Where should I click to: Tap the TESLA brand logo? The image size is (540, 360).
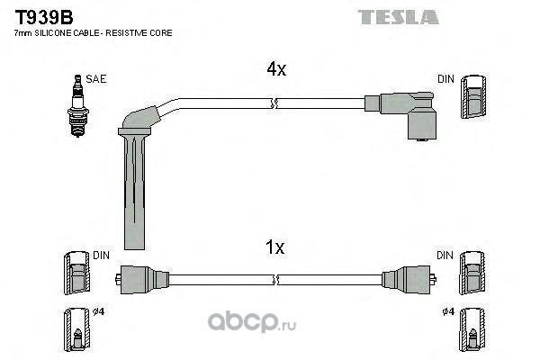[398, 16]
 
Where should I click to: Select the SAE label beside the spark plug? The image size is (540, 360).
[97, 79]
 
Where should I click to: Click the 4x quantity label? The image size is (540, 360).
[274, 69]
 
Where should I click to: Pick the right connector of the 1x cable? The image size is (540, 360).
[403, 278]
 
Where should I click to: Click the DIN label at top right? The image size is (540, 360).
[445, 79]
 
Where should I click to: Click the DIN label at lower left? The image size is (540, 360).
[101, 256]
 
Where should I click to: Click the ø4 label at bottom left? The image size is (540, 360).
[99, 312]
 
